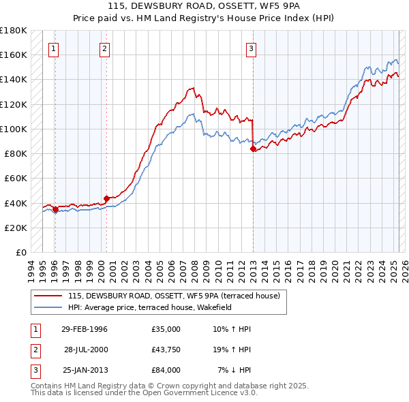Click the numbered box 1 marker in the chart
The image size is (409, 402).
(53, 48)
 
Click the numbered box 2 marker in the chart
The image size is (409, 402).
(104, 48)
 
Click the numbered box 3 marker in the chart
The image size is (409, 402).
(251, 48)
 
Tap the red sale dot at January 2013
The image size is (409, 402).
(253, 148)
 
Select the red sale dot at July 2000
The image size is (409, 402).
(106, 198)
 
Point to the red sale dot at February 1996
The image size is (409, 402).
(55, 209)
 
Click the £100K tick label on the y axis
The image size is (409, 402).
(14, 129)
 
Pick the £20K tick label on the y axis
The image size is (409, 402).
(16, 228)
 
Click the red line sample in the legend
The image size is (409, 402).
(48, 296)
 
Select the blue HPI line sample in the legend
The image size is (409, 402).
(48, 307)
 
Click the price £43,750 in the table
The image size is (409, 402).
(166, 350)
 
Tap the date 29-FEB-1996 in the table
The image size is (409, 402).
(85, 329)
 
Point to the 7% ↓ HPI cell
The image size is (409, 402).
(234, 370)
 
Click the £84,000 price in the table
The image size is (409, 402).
(166, 370)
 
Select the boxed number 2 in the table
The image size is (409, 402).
(34, 350)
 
